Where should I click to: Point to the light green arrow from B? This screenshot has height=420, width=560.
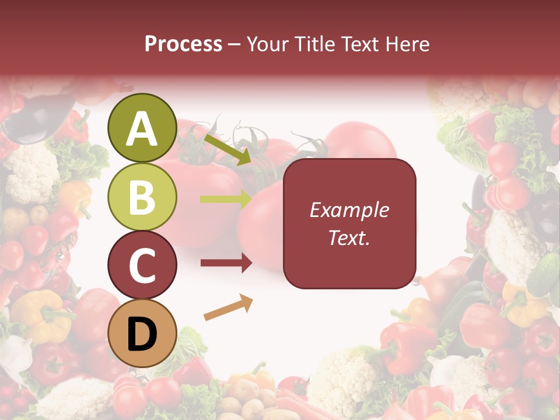pos(225,199)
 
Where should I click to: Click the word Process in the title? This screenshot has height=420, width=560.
pos(183,44)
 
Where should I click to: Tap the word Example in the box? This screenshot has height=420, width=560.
pos(349,210)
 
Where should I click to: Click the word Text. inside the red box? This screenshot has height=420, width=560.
pos(349,237)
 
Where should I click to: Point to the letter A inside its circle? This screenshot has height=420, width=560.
pos(142,129)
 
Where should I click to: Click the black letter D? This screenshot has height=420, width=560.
pos(142,335)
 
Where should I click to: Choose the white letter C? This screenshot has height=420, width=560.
pos(142,265)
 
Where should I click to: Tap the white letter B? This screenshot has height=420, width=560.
pos(142,197)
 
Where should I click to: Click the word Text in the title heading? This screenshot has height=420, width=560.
pos(360,44)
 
